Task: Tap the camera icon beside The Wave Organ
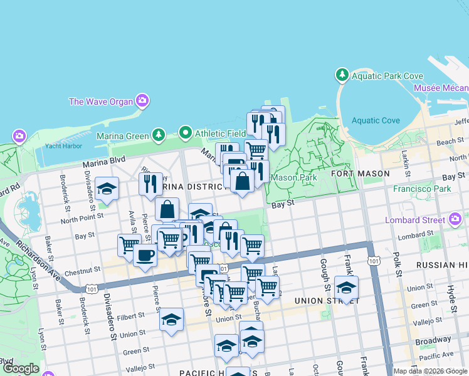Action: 142,100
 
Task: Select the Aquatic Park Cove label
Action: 387,76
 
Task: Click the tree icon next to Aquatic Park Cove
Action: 342,75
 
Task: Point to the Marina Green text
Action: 122,135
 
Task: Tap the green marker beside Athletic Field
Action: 185,133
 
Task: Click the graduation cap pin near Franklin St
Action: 346,288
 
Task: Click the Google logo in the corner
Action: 20,368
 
